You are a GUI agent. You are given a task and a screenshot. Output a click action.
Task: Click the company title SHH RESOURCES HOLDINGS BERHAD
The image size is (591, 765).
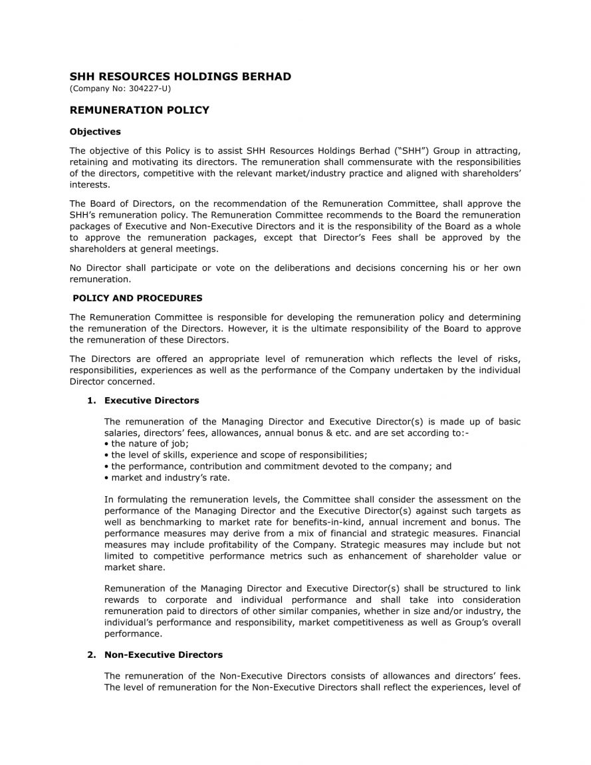[180, 76]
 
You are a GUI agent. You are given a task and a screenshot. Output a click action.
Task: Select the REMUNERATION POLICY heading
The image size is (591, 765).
[140, 110]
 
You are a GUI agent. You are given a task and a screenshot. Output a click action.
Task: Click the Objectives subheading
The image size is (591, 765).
[95, 132]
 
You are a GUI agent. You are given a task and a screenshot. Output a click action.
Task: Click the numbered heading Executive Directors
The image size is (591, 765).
[152, 400]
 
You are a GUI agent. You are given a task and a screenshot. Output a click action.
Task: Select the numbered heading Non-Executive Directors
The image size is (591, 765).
[164, 655]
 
